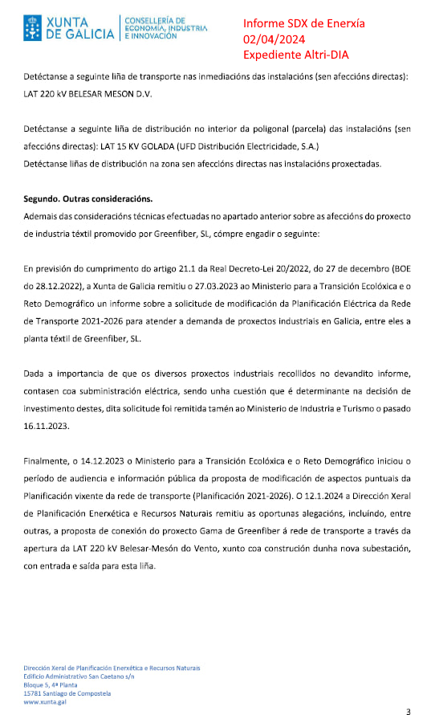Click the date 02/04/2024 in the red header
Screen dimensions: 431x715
click(x=273, y=39)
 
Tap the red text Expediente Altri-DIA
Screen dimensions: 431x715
click(x=296, y=55)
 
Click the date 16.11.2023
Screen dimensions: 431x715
click(x=44, y=427)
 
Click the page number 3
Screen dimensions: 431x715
click(x=408, y=710)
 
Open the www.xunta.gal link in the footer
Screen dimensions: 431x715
click(x=44, y=701)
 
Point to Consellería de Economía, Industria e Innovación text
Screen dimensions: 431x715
click(x=165, y=28)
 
